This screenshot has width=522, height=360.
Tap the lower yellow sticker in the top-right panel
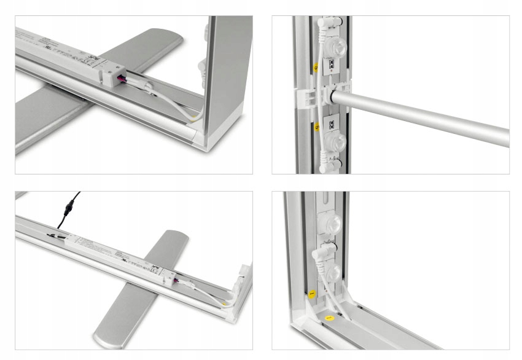[316, 128]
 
